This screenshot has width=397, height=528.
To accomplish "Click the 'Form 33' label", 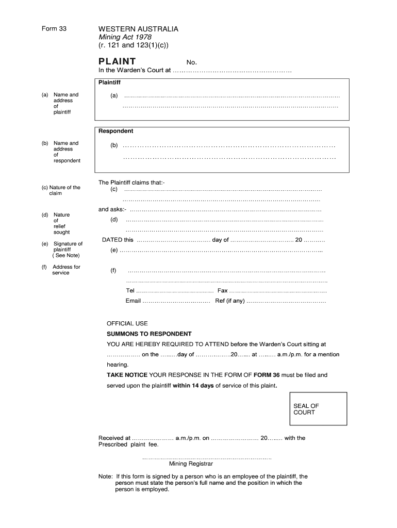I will coord(54,29).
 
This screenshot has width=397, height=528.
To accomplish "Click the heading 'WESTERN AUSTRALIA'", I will coord(138,29).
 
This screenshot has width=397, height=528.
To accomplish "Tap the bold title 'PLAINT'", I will coord(118,61).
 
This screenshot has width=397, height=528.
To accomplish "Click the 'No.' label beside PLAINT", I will coord(192,62).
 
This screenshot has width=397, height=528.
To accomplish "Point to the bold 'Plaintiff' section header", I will coord(110,82).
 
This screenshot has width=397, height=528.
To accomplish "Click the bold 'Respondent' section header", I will coord(116,131).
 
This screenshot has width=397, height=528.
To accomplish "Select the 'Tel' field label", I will coord(130,291).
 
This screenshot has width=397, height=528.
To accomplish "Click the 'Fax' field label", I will coord(222,291).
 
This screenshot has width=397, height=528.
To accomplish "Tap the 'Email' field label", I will coord(133,301).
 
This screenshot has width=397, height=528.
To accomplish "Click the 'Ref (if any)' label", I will coord(229,301).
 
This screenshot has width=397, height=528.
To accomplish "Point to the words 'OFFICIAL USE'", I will coord(127,323).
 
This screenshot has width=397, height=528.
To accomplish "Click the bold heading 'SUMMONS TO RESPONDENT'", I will coord(149,334).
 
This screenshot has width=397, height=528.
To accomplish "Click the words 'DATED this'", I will coord(118,240).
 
